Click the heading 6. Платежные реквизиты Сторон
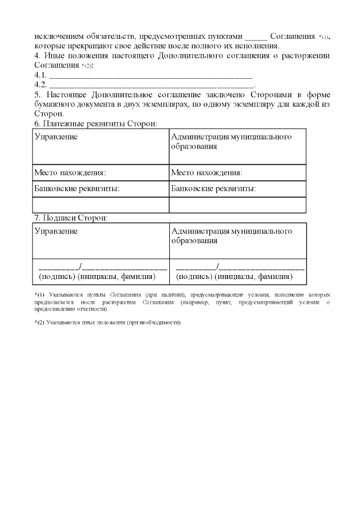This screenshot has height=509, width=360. coord(96,123)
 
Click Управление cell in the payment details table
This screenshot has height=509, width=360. coord(56,137)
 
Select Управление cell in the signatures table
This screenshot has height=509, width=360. coord(56,231)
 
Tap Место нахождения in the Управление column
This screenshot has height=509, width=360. coord(70,173)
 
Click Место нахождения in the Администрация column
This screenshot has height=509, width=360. coord(206,173)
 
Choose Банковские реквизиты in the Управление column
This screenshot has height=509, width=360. coord(76,189)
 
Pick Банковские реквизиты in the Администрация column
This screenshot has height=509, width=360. coord(213,189)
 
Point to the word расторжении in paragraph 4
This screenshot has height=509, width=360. coord(304,56)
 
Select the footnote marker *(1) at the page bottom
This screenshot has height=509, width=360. coord(39,295)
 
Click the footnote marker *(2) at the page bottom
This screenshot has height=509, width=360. coord(39,322)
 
